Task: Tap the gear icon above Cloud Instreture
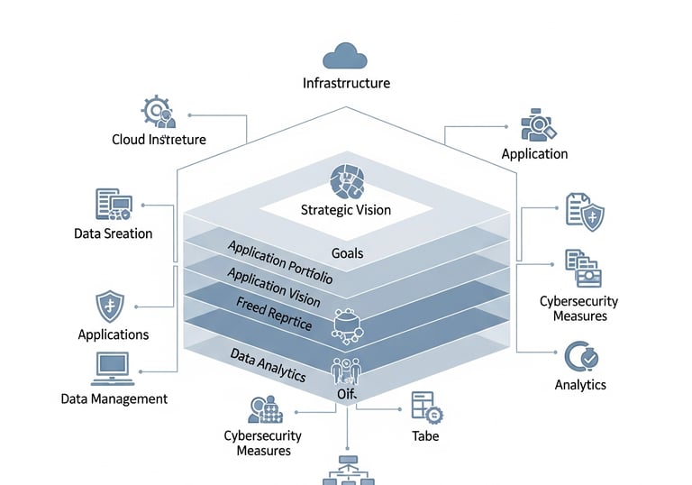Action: (x=158, y=112)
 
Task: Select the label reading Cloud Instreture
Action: (x=159, y=140)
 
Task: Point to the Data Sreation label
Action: (x=114, y=233)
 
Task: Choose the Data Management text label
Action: (x=114, y=398)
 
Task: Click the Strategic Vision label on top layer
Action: (x=346, y=210)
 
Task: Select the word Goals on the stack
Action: (x=347, y=253)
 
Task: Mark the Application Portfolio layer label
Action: (x=279, y=262)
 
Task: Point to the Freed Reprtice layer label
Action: (x=274, y=312)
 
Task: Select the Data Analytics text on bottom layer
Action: (x=267, y=363)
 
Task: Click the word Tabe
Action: (x=425, y=435)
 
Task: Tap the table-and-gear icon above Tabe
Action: (x=425, y=407)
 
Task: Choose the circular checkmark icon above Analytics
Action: (x=580, y=358)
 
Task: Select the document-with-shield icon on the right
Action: (x=584, y=211)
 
